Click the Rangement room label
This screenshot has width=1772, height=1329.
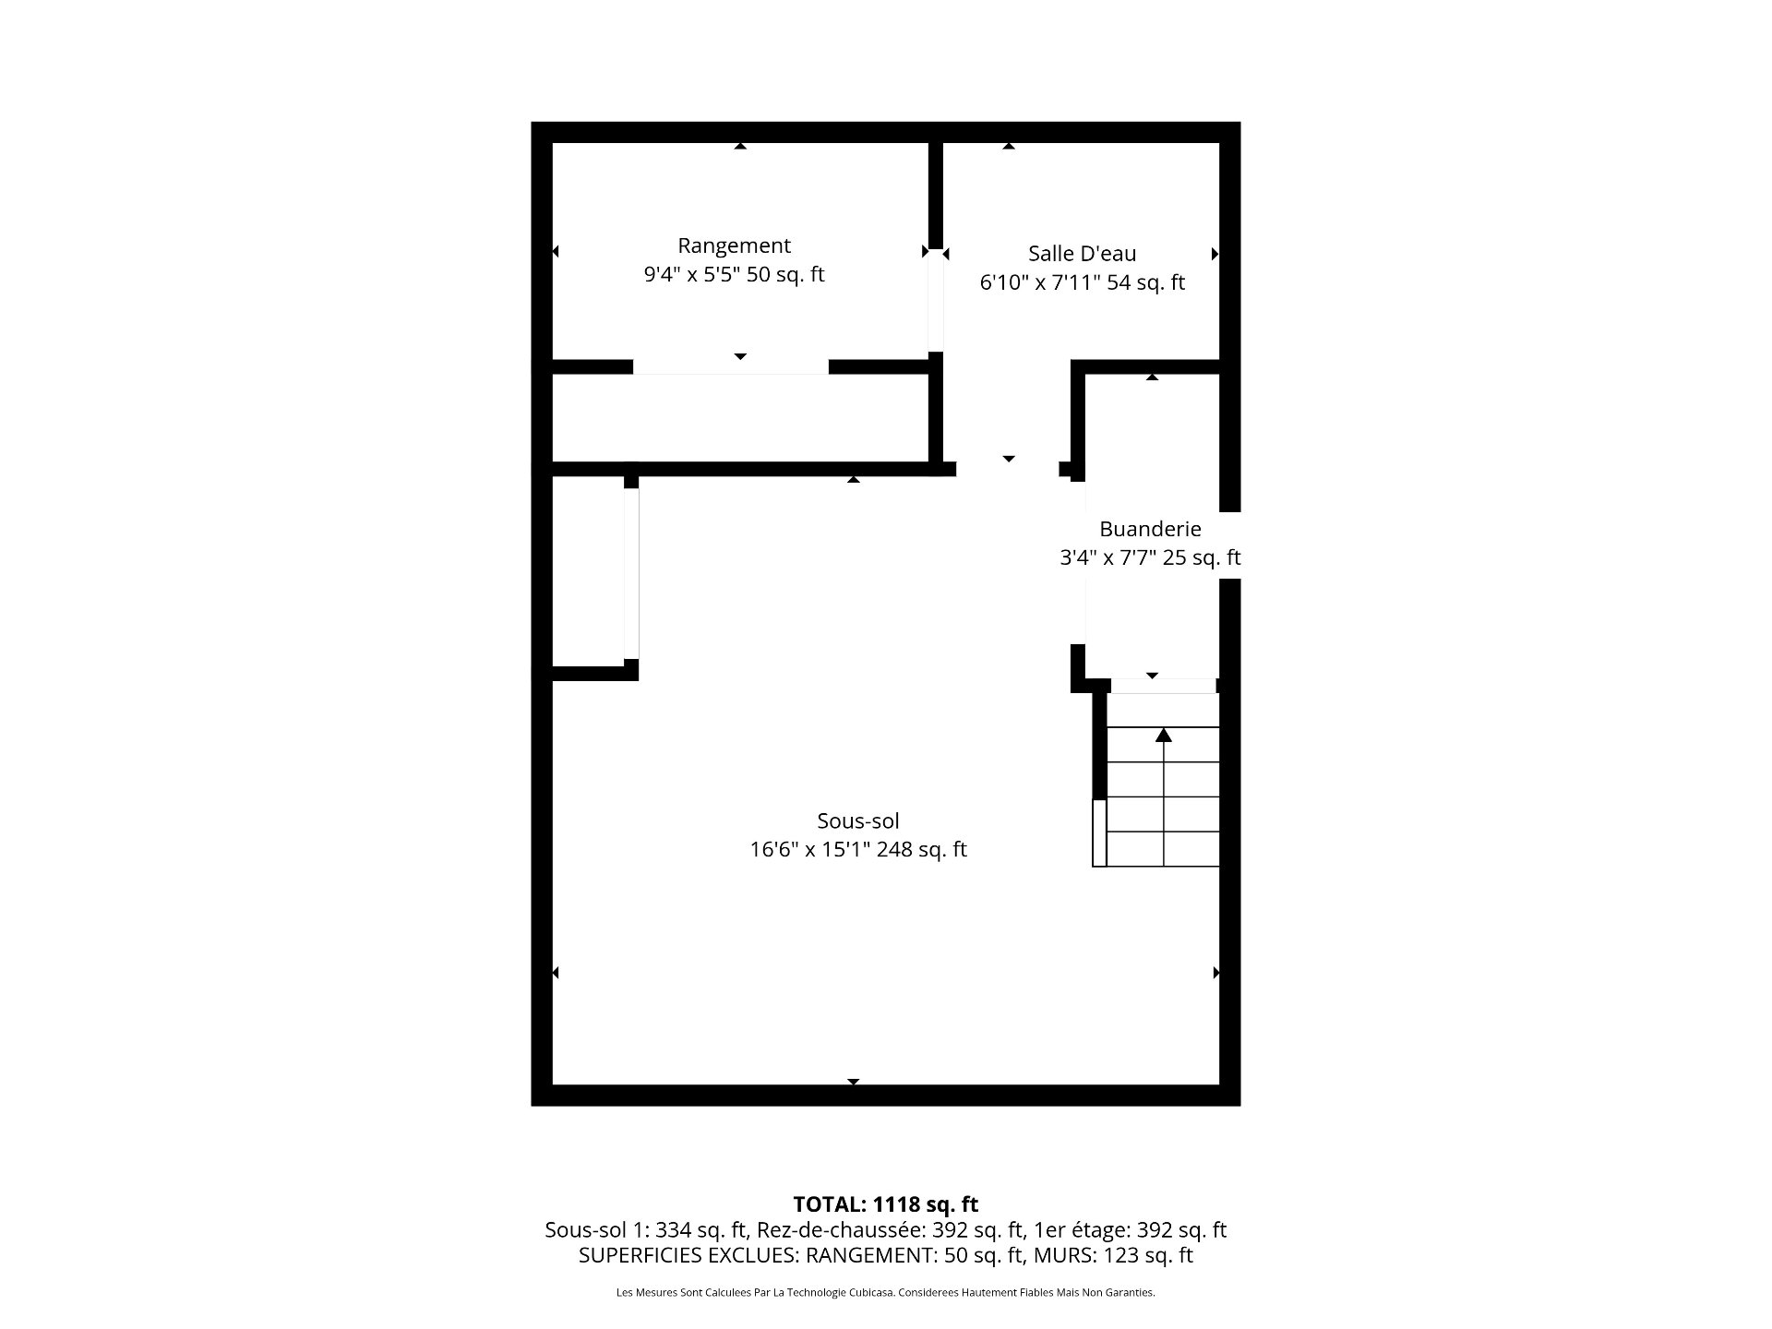(x=734, y=245)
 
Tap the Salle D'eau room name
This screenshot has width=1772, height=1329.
(x=1082, y=253)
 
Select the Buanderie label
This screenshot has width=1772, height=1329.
(x=1150, y=529)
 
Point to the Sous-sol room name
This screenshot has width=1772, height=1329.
(x=857, y=820)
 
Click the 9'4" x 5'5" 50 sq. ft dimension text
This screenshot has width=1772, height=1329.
(x=734, y=275)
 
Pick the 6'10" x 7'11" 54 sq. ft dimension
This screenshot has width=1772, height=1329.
(x=1082, y=282)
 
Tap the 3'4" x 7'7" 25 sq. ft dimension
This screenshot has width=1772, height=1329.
(x=1150, y=557)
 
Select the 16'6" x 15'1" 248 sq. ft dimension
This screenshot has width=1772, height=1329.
(x=857, y=849)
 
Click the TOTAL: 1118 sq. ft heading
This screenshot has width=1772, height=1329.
(x=885, y=1204)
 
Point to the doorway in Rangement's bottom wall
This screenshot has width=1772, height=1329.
(x=730, y=366)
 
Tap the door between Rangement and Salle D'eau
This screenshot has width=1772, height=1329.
(x=936, y=300)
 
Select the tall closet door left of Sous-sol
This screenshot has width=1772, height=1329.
(x=631, y=573)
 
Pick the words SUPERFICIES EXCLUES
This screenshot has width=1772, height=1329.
(x=688, y=1256)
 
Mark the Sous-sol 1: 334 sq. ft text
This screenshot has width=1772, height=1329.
(x=646, y=1230)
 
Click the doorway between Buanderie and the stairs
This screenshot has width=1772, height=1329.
(x=1163, y=686)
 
